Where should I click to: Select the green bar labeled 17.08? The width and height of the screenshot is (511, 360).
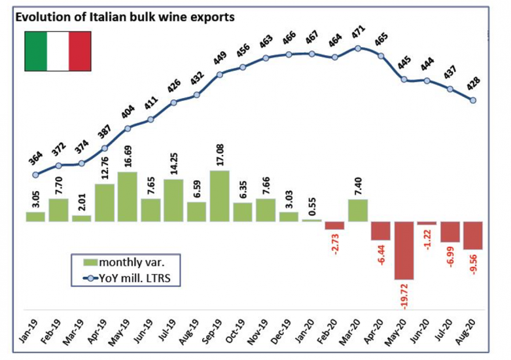coord(220,196)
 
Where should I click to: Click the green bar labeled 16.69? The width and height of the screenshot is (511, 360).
coord(128,196)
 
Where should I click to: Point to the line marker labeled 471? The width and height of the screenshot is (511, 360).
coord(358,48)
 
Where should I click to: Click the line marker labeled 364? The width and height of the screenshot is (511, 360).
coord(35,175)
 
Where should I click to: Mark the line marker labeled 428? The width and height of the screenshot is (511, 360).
coord(473,100)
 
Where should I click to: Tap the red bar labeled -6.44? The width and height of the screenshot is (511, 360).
coord(381,231)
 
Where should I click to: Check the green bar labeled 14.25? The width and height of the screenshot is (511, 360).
coord(173,200)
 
